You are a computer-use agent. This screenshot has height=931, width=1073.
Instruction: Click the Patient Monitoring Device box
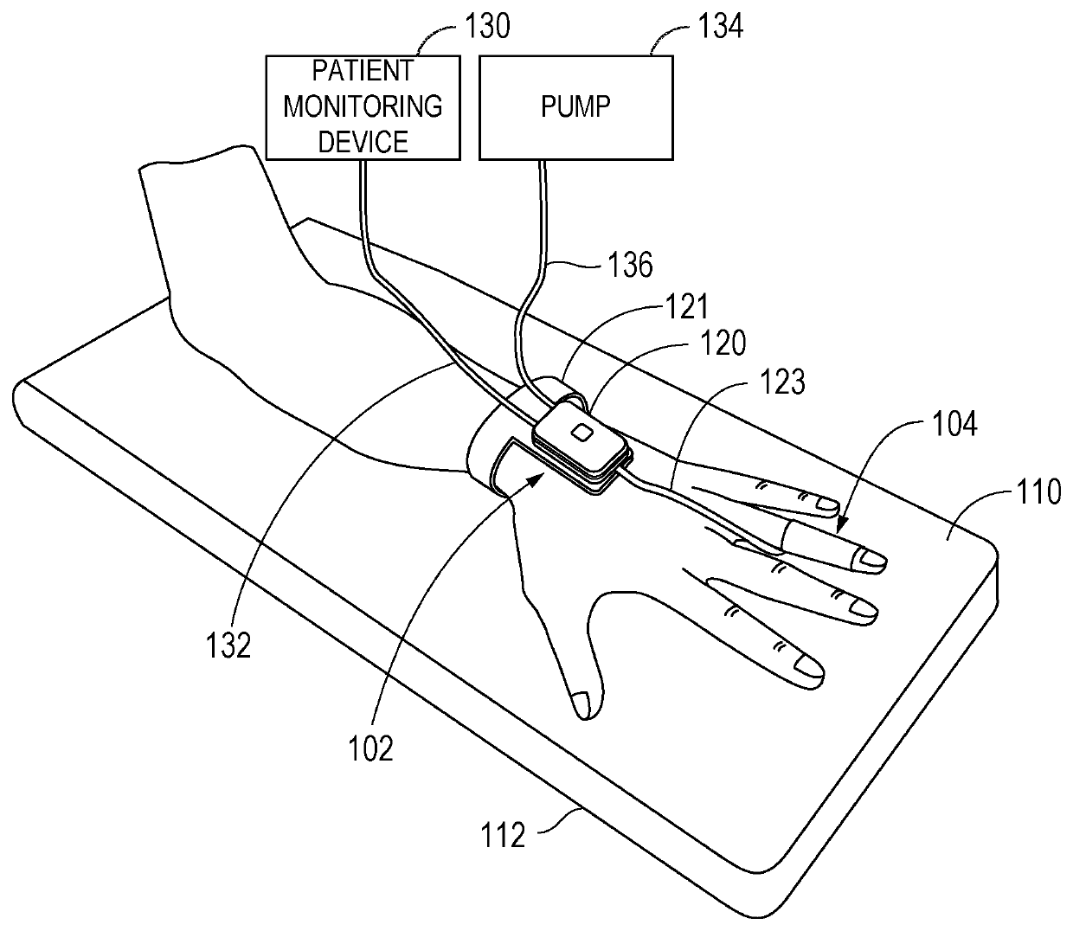pos(363,107)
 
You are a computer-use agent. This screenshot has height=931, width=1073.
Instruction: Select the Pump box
pos(576,107)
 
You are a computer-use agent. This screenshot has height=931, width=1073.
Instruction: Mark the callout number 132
pos(228,645)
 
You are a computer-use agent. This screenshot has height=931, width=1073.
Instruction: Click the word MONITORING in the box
pos(363,106)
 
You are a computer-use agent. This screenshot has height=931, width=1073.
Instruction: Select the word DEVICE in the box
pos(363,141)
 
